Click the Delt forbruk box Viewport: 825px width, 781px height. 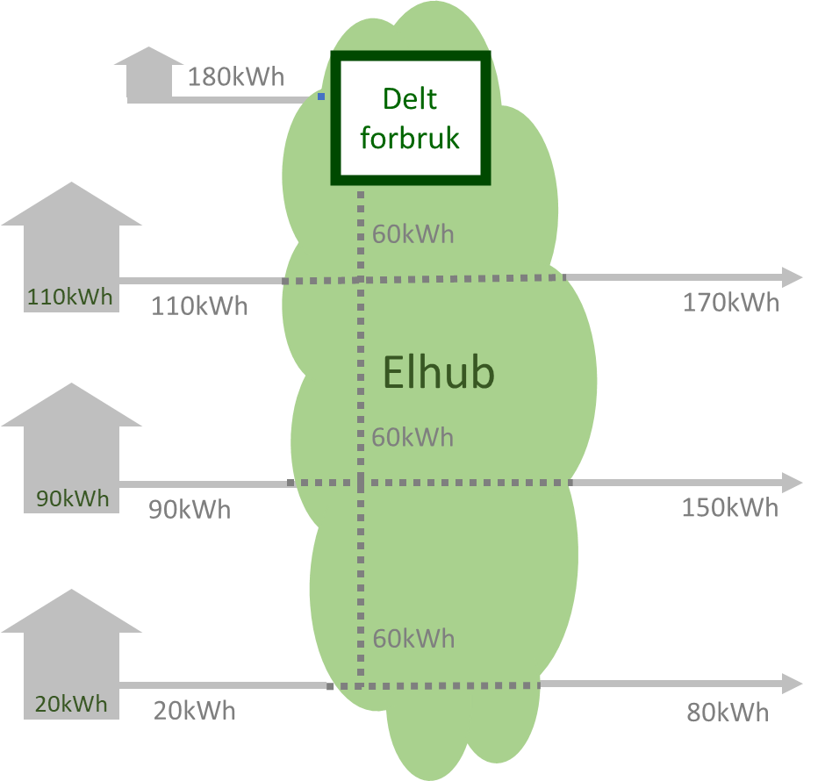pyautogui.click(x=410, y=118)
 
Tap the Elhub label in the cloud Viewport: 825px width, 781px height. pyautogui.click(x=439, y=373)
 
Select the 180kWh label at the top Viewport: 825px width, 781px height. pyautogui.click(x=236, y=77)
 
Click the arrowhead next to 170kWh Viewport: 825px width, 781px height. pyautogui.click(x=792, y=277)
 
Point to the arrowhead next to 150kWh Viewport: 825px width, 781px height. pyautogui.click(x=792, y=483)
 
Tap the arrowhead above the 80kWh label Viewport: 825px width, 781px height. pyautogui.click(x=792, y=684)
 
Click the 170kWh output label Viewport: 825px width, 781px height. pyautogui.click(x=731, y=303)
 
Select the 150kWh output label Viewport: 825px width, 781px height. pyautogui.click(x=730, y=508)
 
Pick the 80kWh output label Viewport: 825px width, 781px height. pyautogui.click(x=728, y=712)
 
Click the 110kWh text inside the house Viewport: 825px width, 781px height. pyautogui.click(x=70, y=297)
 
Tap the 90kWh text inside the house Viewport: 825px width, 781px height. pyautogui.click(x=73, y=498)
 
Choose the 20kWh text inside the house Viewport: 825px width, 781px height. pyautogui.click(x=71, y=703)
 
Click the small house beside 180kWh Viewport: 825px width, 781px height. pyautogui.click(x=150, y=72)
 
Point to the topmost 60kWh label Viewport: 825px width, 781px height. pyautogui.click(x=413, y=234)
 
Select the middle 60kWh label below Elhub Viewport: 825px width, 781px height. pyautogui.click(x=412, y=436)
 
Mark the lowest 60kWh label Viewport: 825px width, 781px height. pyautogui.click(x=413, y=638)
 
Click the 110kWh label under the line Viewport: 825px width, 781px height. pyautogui.click(x=199, y=306)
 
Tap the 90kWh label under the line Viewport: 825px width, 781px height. pyautogui.click(x=189, y=509)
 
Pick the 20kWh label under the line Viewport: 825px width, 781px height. pyautogui.click(x=195, y=710)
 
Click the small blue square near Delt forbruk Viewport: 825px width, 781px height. pyautogui.click(x=321, y=97)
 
